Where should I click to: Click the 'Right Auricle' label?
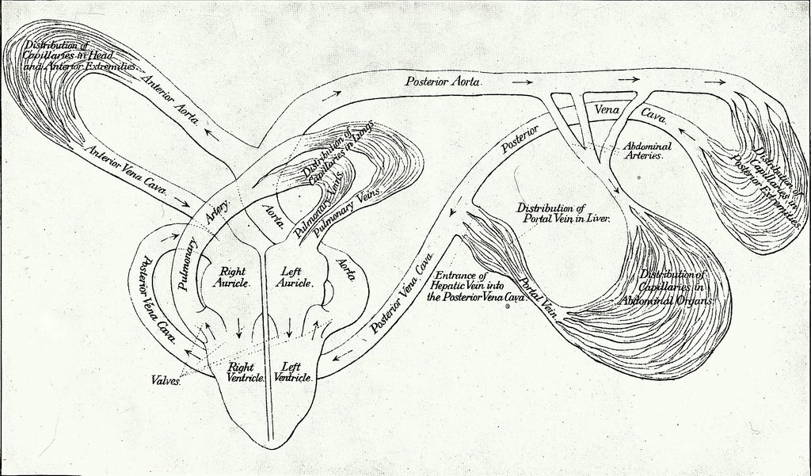point(233,276)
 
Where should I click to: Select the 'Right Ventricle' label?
point(242,371)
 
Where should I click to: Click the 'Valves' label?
point(166,380)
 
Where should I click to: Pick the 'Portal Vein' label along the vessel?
point(539,297)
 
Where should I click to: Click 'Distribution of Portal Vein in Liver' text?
point(562,213)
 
